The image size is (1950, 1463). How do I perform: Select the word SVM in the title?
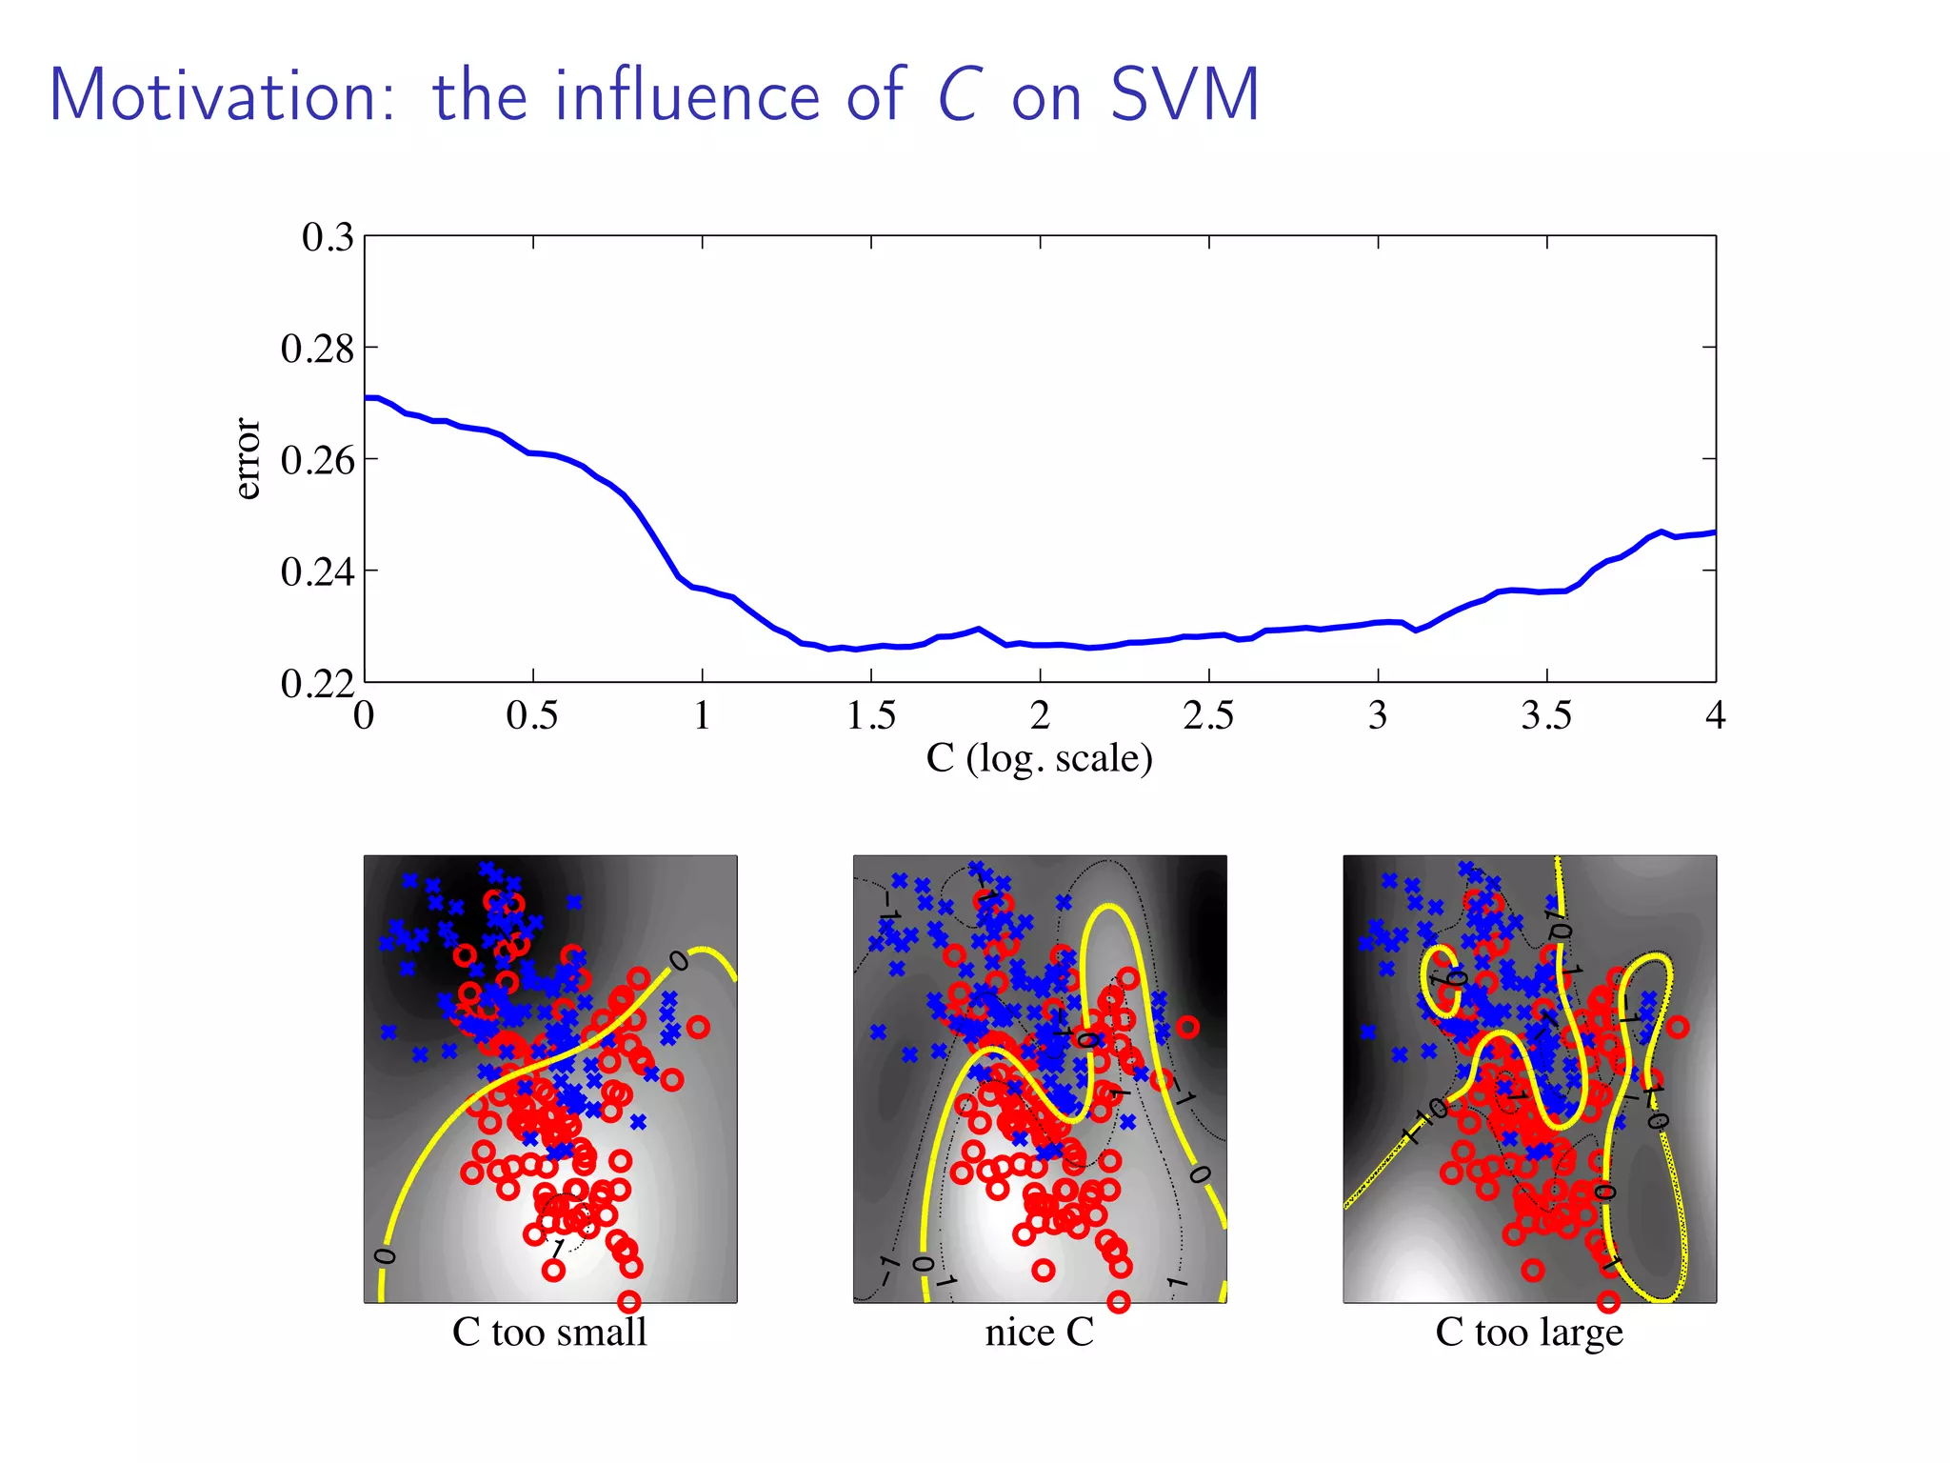[1184, 96]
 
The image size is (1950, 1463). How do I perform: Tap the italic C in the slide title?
[958, 96]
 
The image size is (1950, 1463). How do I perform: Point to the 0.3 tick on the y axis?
[327, 237]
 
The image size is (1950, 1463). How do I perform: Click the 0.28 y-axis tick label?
[317, 349]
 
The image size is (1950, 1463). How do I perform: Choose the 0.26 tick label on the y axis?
[317, 460]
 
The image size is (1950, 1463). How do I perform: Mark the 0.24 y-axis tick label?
[317, 571]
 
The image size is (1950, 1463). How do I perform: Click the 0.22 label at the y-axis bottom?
[317, 683]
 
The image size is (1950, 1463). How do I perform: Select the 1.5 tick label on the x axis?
[870, 715]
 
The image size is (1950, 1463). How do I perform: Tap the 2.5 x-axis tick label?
[1208, 715]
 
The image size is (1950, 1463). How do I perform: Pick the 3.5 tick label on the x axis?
[1546, 715]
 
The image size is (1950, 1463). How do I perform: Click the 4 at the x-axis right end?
[1715, 715]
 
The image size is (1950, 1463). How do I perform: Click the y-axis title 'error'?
[247, 458]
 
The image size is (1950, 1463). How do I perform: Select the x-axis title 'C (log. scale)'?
[1039, 759]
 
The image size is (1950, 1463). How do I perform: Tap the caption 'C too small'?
[549, 1332]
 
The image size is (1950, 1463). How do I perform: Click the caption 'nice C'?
[1039, 1332]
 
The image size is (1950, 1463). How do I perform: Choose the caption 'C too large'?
[1529, 1332]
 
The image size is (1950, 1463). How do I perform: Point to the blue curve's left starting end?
[367, 397]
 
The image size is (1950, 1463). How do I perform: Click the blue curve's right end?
[1714, 532]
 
